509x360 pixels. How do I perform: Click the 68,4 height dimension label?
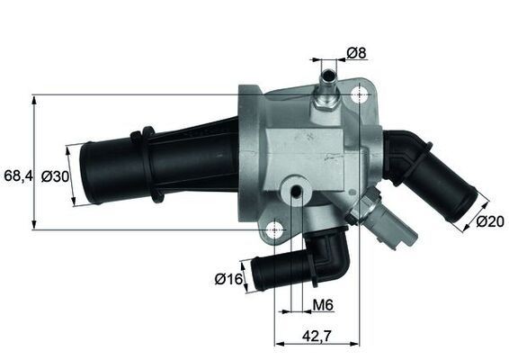point(17,176)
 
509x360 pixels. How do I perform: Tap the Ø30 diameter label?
point(56,177)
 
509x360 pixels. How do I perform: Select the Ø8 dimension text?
point(357,53)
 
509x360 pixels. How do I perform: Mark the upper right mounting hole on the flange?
point(360,96)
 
